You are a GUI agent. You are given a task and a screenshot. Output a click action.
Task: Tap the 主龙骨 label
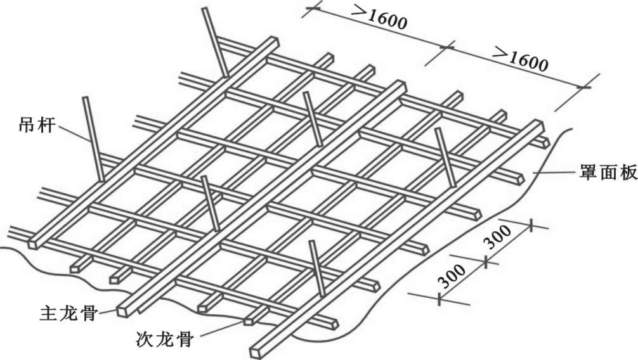pos(69,312)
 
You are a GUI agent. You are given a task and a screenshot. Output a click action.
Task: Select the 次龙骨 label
pos(164,337)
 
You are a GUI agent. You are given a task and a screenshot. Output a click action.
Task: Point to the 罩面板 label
pos(606,173)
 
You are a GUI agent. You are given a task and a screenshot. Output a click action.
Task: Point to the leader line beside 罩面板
pos(555,172)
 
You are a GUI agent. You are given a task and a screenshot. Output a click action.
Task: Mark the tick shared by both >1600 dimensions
pos(448,46)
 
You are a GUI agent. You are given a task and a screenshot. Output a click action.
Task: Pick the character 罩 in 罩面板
pos(587,173)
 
